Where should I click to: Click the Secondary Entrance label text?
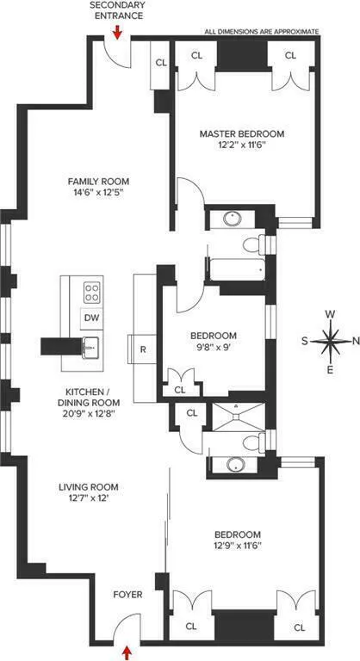(119, 11)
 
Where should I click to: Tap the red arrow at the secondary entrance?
(119, 32)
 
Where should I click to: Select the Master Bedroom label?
(241, 134)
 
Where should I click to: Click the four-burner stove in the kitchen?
(91, 291)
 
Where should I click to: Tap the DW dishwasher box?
(91, 318)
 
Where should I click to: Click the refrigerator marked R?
(143, 350)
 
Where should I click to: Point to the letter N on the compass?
(357, 340)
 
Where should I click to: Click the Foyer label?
(127, 595)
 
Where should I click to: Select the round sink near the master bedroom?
(233, 218)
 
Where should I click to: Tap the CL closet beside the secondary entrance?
(161, 63)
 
